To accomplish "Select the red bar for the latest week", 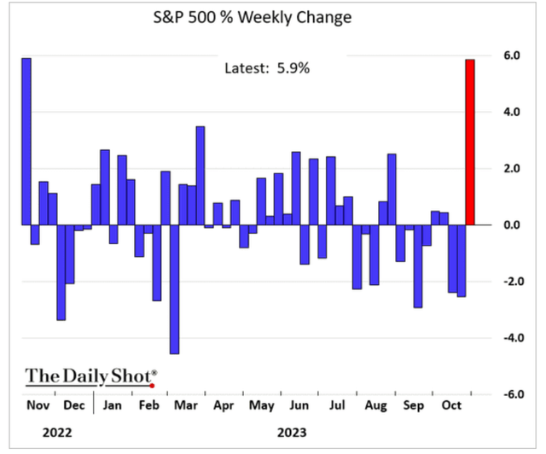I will click(x=470, y=142).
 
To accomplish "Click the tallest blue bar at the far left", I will click(x=26, y=142).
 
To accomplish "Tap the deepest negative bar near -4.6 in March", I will click(x=174, y=289).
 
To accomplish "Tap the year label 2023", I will click(x=292, y=434).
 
